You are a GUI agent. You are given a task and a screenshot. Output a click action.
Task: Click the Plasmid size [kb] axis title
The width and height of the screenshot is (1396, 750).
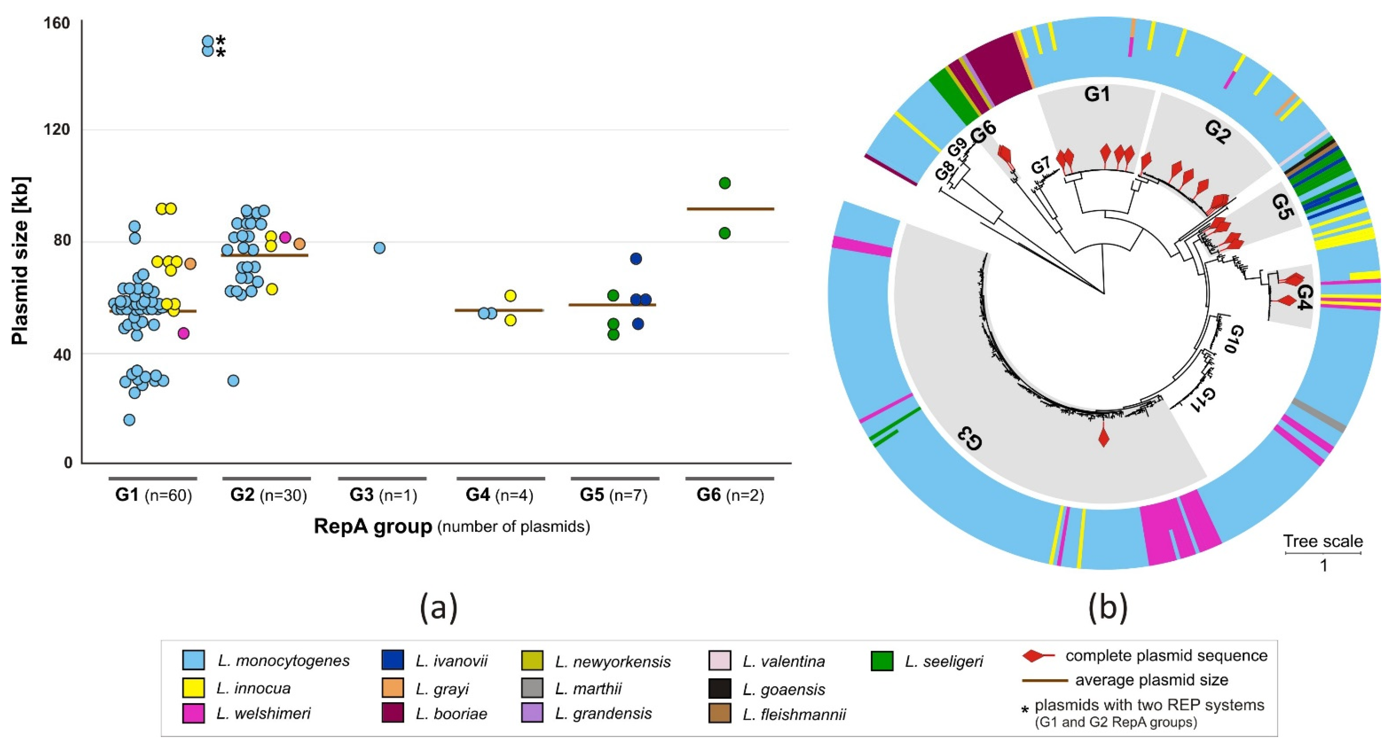pyautogui.click(x=20, y=260)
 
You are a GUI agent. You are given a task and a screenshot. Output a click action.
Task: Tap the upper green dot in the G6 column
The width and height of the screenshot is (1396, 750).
pyautogui.click(x=724, y=183)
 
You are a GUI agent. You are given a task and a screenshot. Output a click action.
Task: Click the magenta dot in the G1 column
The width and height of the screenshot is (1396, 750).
pyautogui.click(x=184, y=333)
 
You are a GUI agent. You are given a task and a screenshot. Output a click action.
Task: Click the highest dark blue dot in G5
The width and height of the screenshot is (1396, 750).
pyautogui.click(x=636, y=259)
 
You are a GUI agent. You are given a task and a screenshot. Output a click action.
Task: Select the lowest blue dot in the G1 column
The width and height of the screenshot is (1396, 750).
pyautogui.click(x=129, y=420)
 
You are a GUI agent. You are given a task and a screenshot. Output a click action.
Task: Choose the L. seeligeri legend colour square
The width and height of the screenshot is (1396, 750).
pyautogui.click(x=882, y=661)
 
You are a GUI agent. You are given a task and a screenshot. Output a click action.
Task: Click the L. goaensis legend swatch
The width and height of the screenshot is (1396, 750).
pyautogui.click(x=720, y=689)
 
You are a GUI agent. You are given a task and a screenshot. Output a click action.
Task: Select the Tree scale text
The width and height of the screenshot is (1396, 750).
pyautogui.click(x=1322, y=542)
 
